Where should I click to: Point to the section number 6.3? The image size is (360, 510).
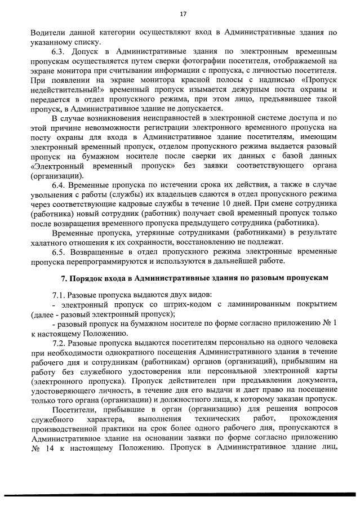pyautogui.click(x=58, y=52)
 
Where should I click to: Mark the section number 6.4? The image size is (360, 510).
pyautogui.click(x=58, y=185)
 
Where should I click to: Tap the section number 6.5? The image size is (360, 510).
pyautogui.click(x=58, y=251)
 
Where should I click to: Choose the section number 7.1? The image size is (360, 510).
pyautogui.click(x=58, y=296)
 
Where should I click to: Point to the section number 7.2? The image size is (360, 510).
pyautogui.click(x=58, y=342)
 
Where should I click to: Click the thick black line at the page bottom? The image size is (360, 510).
pyautogui.click(x=180, y=494)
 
